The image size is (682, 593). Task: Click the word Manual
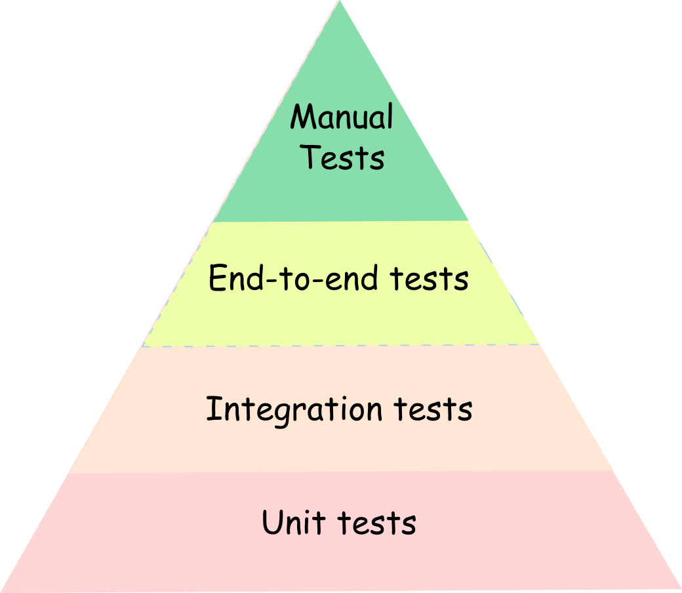(x=342, y=118)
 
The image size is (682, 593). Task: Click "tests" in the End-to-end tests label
(x=429, y=279)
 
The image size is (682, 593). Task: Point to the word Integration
(x=294, y=410)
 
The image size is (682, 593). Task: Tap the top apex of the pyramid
(x=340, y=3)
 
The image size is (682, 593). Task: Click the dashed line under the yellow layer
(x=341, y=346)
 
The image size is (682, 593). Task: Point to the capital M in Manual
(x=302, y=118)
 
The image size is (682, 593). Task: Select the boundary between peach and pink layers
(x=341, y=472)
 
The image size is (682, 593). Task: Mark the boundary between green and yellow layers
(x=341, y=222)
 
